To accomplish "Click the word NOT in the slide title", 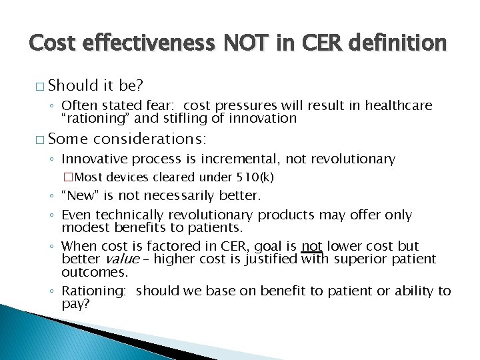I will (238, 43).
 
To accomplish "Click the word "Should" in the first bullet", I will (73, 86).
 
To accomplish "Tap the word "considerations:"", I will (151, 139).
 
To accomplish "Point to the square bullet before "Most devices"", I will (67, 177).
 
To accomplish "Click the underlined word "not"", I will (311, 246).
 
